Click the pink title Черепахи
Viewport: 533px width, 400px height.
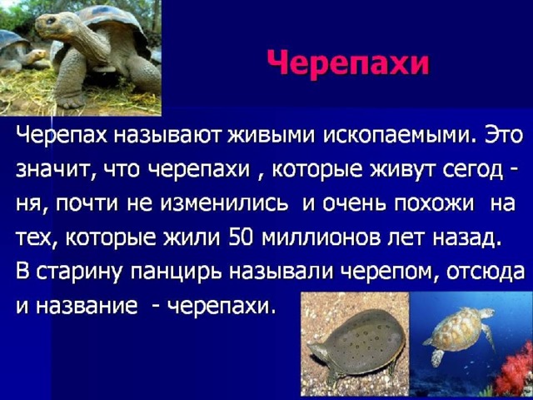pyautogui.click(x=348, y=63)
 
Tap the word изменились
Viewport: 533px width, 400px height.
pyautogui.click(x=224, y=203)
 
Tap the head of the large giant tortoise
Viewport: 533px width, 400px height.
pyautogui.click(x=48, y=25)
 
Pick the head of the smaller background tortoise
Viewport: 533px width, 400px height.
pyautogui.click(x=37, y=54)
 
